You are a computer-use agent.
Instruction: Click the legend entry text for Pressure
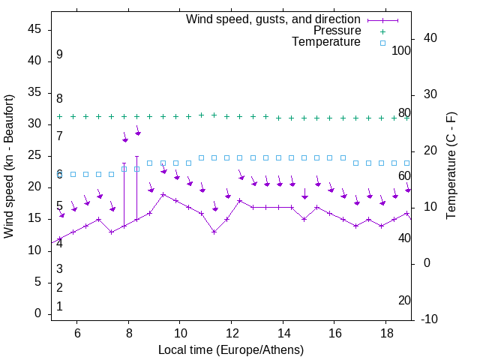(x=337, y=31)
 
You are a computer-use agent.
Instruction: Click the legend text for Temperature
(x=326, y=42)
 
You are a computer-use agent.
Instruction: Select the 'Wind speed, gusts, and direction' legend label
(x=274, y=19)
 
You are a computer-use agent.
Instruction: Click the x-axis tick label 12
(x=231, y=332)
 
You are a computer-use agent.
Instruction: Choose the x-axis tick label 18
(x=385, y=332)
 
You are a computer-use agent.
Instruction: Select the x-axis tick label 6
(x=77, y=332)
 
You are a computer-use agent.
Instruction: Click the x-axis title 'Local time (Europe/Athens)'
(x=231, y=349)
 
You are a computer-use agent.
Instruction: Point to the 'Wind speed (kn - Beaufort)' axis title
(x=9, y=166)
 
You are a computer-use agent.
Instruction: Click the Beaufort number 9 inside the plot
(x=59, y=55)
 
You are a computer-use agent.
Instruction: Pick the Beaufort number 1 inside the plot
(x=59, y=306)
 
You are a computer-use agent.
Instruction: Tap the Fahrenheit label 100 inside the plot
(x=401, y=51)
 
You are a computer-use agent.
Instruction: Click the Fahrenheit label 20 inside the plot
(x=404, y=300)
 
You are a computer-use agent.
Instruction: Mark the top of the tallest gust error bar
(x=136, y=157)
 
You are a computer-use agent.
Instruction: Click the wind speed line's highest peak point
(x=163, y=194)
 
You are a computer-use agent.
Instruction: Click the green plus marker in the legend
(x=382, y=31)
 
